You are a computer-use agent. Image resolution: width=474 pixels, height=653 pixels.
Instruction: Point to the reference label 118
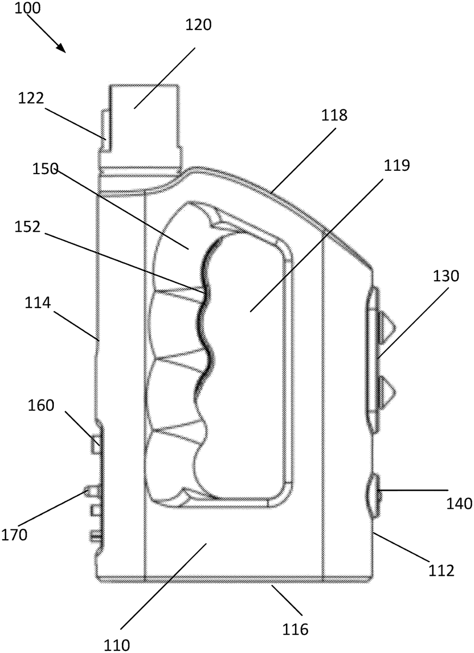(336, 115)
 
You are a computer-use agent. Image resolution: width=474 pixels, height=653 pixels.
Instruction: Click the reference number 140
(460, 504)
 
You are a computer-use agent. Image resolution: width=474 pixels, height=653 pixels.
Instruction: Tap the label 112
(441, 570)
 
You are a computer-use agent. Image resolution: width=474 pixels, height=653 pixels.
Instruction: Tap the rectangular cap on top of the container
(144, 125)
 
